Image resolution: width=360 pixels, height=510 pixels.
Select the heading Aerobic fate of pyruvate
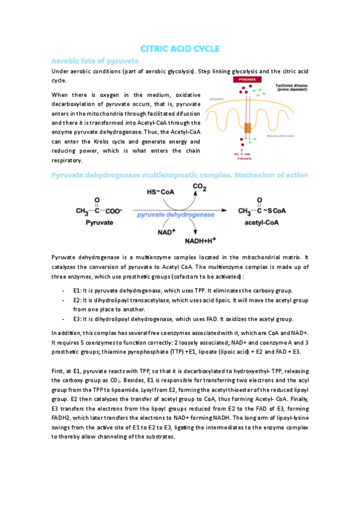[x=96, y=61]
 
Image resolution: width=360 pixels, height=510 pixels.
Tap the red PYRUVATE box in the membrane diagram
[x=248, y=79]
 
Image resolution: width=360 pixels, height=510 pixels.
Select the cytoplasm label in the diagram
[x=216, y=99]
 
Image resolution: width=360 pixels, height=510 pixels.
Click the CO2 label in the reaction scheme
[x=200, y=188]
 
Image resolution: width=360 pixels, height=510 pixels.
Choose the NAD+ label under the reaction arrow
[x=166, y=232]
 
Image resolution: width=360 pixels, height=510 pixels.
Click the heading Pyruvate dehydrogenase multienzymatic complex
[x=180, y=175]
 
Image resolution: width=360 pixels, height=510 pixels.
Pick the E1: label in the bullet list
[x=78, y=290]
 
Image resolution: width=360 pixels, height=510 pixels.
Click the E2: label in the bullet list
[x=78, y=300]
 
